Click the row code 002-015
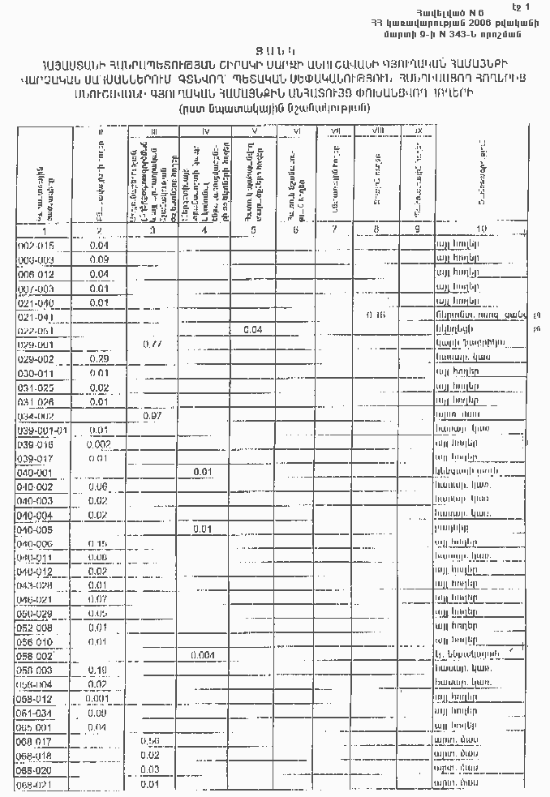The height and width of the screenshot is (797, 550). point(36,244)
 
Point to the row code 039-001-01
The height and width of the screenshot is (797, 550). point(43,430)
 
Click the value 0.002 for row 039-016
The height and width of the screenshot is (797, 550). point(99,444)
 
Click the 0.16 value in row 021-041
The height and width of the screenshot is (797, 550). point(376,315)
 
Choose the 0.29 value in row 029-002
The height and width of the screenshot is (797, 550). point(99,358)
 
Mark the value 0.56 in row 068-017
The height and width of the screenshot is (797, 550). point(149,741)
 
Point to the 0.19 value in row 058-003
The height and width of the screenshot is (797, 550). point(98,670)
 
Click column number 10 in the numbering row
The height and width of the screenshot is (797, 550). point(482,229)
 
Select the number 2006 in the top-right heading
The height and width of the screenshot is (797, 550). point(445,20)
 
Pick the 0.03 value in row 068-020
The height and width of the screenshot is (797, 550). point(149,769)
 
